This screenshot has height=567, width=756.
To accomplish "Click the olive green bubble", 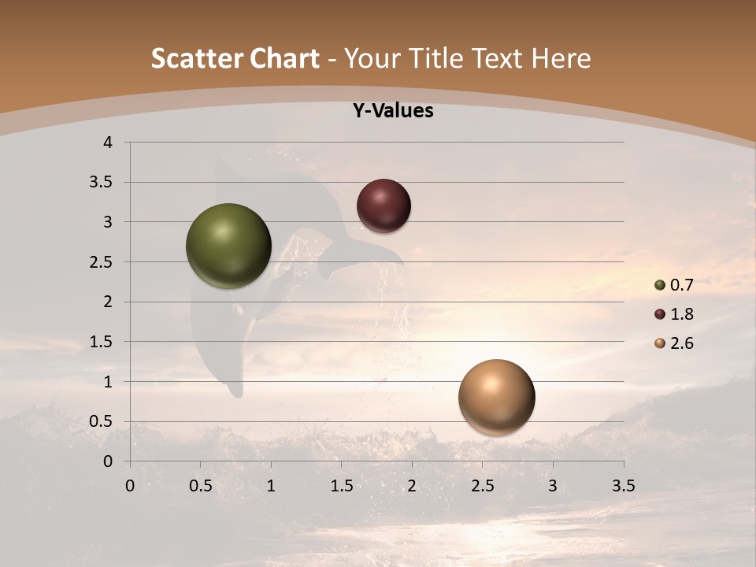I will tap(228, 246).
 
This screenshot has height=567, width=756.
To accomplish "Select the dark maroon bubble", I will tap(384, 206).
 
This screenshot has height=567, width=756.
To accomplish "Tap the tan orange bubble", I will tap(496, 397).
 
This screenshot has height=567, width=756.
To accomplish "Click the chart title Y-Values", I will tap(392, 111).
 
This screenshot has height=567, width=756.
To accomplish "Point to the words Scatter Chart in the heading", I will tap(235, 58).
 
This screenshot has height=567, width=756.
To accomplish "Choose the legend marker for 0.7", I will tap(660, 285).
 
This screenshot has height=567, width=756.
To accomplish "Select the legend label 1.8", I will tap(681, 314).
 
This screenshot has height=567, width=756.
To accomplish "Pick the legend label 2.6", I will tap(681, 343).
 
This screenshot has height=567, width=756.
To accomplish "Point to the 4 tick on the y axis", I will tap(109, 143).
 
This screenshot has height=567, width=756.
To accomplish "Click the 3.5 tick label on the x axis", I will tap(623, 486).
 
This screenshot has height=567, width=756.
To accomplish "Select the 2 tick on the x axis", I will tap(412, 486).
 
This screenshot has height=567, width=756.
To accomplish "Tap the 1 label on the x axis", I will tap(271, 486).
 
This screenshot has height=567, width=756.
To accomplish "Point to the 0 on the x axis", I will tap(130, 486).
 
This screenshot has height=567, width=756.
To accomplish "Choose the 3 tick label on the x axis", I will tap(553, 486).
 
